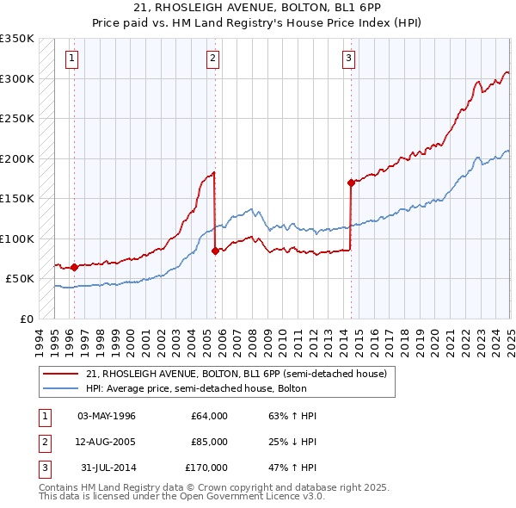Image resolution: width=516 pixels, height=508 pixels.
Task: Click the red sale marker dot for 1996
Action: (x=74, y=267)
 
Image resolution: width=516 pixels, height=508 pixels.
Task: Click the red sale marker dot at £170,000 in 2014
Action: (x=351, y=183)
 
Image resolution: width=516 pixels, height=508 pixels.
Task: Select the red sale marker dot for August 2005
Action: (x=214, y=251)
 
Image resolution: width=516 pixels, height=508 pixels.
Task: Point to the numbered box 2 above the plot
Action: (x=212, y=59)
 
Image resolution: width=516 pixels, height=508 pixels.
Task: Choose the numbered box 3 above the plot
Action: (x=348, y=59)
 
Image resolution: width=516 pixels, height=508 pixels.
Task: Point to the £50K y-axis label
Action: (x=21, y=279)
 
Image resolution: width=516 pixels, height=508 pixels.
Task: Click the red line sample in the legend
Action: (x=60, y=374)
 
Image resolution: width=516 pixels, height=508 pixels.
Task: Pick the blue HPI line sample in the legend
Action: (x=60, y=388)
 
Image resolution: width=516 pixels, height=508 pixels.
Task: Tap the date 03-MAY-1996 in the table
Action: (x=107, y=416)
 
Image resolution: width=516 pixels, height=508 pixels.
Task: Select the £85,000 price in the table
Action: (x=209, y=442)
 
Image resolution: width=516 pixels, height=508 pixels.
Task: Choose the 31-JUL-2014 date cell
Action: (x=107, y=468)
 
